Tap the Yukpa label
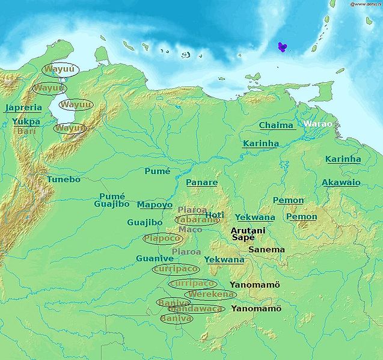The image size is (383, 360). pos(26,121)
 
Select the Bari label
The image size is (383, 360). pos(27,130)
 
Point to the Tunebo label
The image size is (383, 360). pos(63,179)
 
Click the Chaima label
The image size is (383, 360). pos(277,125)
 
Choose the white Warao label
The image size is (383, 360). pos(317,124)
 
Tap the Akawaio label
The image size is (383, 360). pos(341,182)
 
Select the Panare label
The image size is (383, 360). pos(201,182)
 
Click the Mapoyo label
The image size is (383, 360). pos(155,204)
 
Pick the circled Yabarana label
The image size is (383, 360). pos(197,220)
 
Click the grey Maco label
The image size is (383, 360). pos(190,229)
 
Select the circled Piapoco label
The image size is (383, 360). pos(163,239)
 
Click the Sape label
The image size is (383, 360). pos(243,238)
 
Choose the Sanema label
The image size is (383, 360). pos(266,249)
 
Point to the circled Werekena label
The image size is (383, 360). pos(210,294)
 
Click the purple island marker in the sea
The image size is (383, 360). pos(283,47)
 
